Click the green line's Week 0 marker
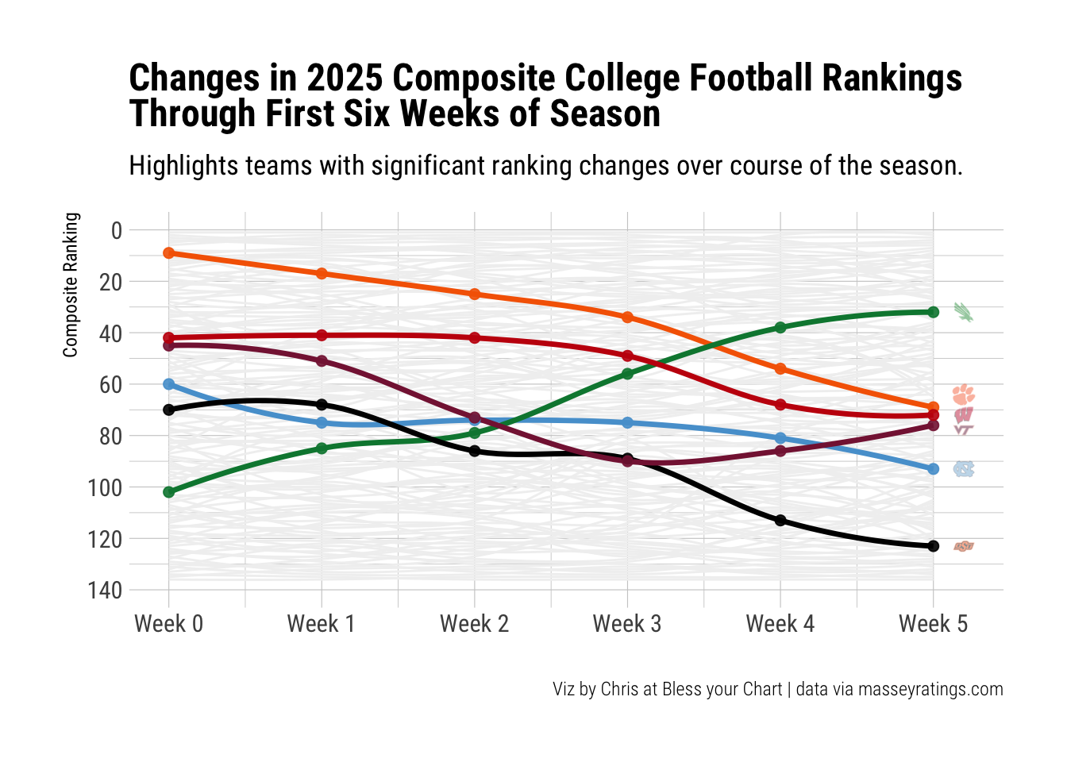click(168, 492)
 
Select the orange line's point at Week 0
click(168, 253)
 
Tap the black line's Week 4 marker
click(780, 521)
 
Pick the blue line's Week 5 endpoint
click(934, 469)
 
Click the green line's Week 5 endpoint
click(934, 312)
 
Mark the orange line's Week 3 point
click(627, 317)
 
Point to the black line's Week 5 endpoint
click(934, 546)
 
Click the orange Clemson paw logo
click(964, 394)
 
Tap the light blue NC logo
click(964, 469)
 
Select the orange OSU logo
click(964, 546)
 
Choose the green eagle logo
click(963, 312)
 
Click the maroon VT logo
click(964, 429)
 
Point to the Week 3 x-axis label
click(627, 624)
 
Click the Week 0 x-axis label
click(168, 624)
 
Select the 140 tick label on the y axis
click(106, 591)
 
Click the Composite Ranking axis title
click(71, 284)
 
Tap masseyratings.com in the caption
click(930, 689)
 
